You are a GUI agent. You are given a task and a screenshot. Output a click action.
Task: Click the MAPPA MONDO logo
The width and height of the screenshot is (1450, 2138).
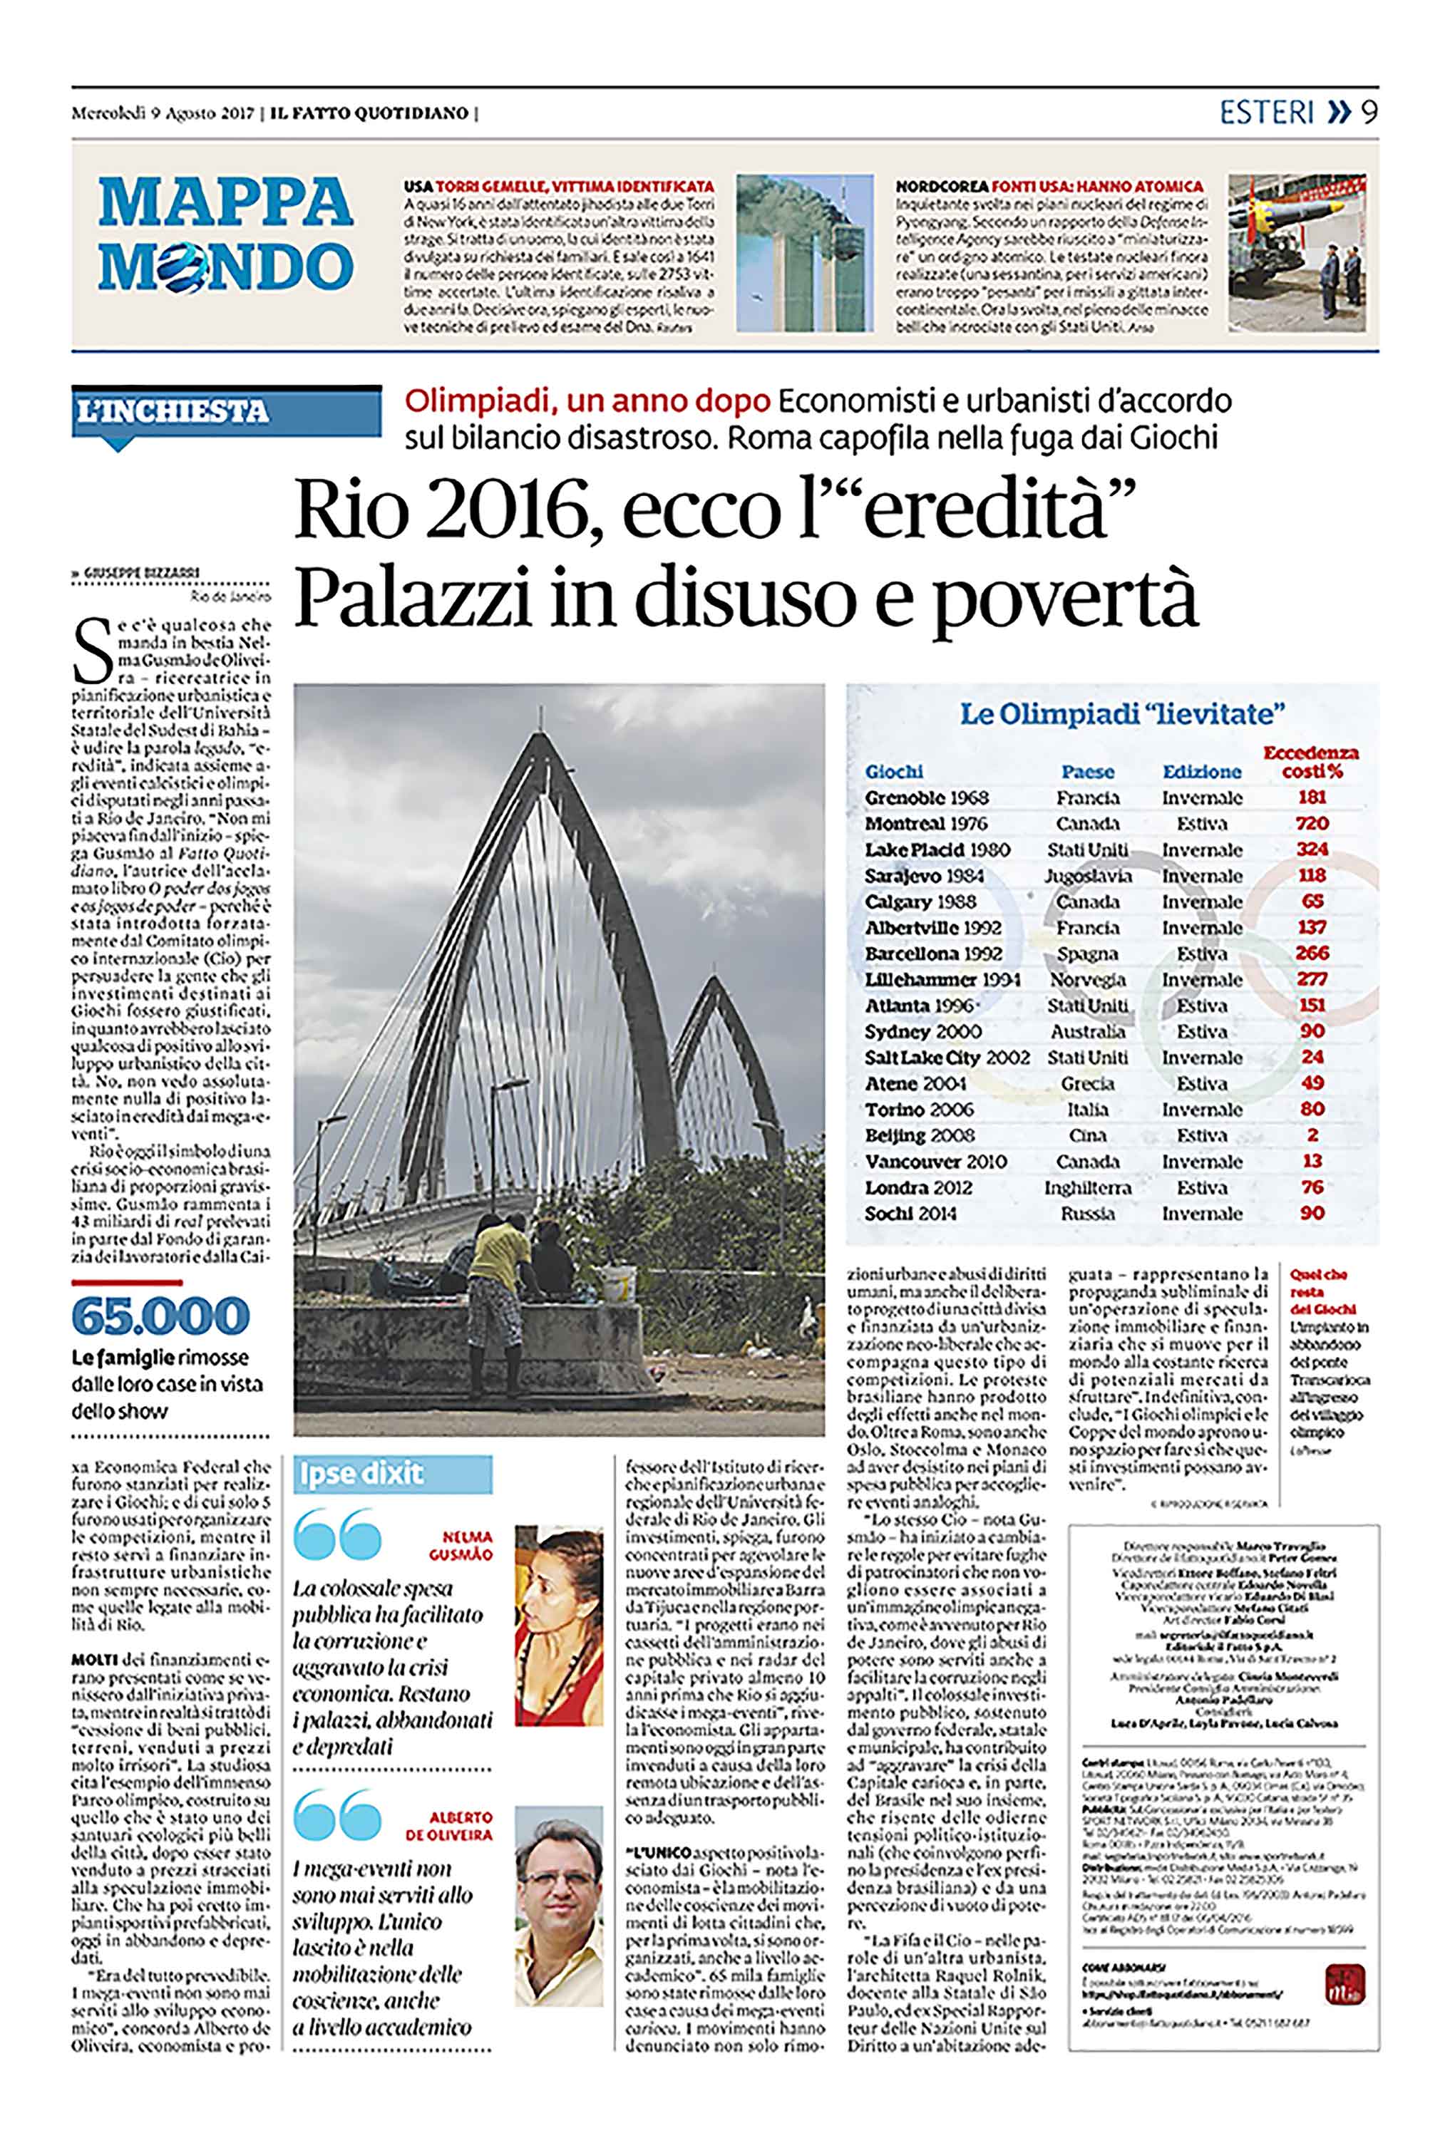click(x=225, y=234)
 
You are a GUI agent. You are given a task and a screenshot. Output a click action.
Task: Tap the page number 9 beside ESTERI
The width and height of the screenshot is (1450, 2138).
click(x=1369, y=112)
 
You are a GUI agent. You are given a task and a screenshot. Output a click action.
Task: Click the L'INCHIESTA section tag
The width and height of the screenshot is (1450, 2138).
click(x=173, y=411)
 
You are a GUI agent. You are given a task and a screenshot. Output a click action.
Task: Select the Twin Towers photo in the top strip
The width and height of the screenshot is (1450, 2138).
click(x=803, y=253)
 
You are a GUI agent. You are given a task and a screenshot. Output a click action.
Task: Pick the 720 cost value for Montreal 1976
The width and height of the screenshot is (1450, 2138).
click(x=1311, y=823)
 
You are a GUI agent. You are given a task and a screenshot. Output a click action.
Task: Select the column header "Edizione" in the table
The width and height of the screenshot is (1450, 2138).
click(x=1200, y=772)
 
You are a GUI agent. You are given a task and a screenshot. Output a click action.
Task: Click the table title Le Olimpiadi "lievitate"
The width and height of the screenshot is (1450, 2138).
click(x=1121, y=714)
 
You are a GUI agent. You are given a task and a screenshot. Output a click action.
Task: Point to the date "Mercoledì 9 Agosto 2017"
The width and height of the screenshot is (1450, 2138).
click(x=163, y=113)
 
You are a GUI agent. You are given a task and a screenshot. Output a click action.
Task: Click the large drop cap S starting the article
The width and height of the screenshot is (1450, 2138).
click(x=92, y=651)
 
